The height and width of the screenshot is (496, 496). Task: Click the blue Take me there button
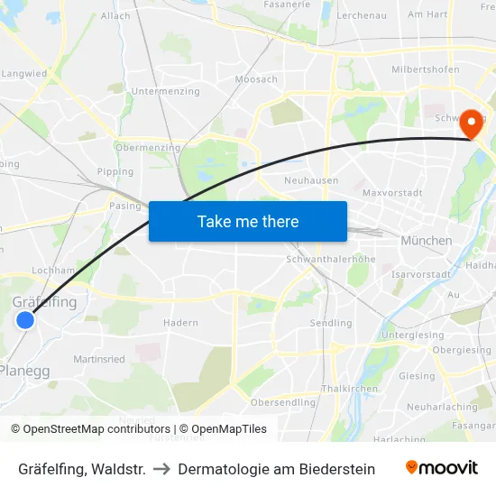pyautogui.click(x=247, y=221)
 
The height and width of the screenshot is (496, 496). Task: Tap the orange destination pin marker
pyautogui.click(x=470, y=124)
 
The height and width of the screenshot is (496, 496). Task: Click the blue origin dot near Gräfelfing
pyautogui.click(x=25, y=319)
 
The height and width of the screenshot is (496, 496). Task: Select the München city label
pyautogui.click(x=426, y=241)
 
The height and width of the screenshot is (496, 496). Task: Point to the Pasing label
pyautogui.click(x=125, y=206)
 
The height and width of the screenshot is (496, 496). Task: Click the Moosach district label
pyautogui.click(x=256, y=79)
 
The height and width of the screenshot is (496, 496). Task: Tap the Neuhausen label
pyautogui.click(x=311, y=180)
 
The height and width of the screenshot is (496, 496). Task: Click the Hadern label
pyautogui.click(x=180, y=322)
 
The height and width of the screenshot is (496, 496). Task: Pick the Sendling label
pyautogui.click(x=331, y=323)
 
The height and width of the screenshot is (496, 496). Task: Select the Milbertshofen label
pyautogui.click(x=425, y=69)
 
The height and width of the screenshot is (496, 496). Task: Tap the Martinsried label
pyautogui.click(x=99, y=359)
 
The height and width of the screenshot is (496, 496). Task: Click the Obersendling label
pyautogui.click(x=283, y=402)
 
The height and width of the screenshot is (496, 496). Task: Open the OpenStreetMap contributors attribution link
pyautogui.click(x=94, y=429)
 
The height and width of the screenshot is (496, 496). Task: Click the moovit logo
pyautogui.click(x=441, y=468)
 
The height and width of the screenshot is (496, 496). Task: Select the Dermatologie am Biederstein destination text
pyautogui.click(x=276, y=469)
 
